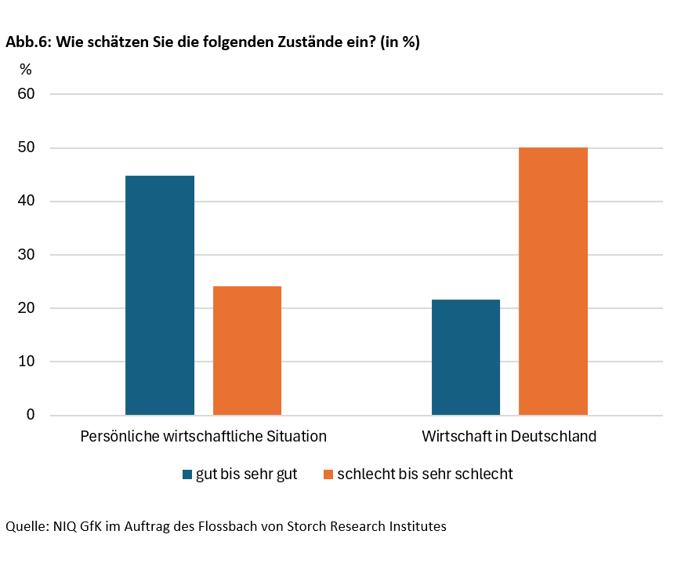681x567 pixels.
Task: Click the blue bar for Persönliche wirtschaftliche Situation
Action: pos(160,295)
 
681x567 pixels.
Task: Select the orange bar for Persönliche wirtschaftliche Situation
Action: pos(247,351)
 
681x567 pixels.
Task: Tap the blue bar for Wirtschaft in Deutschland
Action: pos(465,357)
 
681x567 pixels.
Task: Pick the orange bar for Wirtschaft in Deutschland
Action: pos(553,281)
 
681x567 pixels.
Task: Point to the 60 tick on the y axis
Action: pos(27,94)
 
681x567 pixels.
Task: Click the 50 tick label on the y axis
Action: pos(27,147)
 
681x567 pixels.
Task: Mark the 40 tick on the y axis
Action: pos(27,201)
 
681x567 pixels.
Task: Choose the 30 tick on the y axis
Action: pos(27,254)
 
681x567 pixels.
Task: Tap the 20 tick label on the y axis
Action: pos(27,308)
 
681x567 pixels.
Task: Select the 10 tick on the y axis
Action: pos(27,362)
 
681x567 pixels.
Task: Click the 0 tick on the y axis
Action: pos(31,415)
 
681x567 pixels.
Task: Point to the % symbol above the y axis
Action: pos(26,70)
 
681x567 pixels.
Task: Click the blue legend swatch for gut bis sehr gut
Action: pos(187,474)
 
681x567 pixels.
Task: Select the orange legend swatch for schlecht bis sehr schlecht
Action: pos(328,474)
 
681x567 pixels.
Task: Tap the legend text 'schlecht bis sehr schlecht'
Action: pos(425,474)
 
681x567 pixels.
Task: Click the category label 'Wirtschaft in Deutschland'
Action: pos(509,436)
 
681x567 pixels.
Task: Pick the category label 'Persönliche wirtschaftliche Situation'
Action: pos(203,436)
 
